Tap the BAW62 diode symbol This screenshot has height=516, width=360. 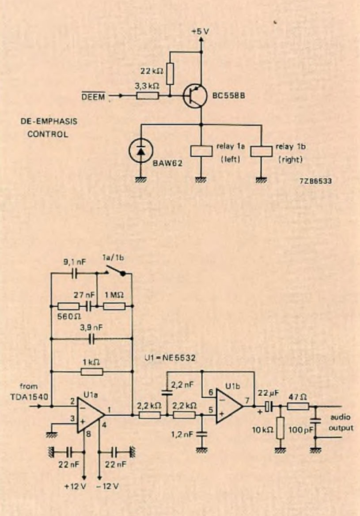[141, 151]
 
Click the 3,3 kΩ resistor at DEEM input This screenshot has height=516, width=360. [148, 95]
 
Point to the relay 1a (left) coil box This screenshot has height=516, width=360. [201, 151]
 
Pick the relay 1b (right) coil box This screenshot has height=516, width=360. [262, 151]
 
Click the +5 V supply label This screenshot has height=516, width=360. [201, 32]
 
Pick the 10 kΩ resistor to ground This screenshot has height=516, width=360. [279, 427]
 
